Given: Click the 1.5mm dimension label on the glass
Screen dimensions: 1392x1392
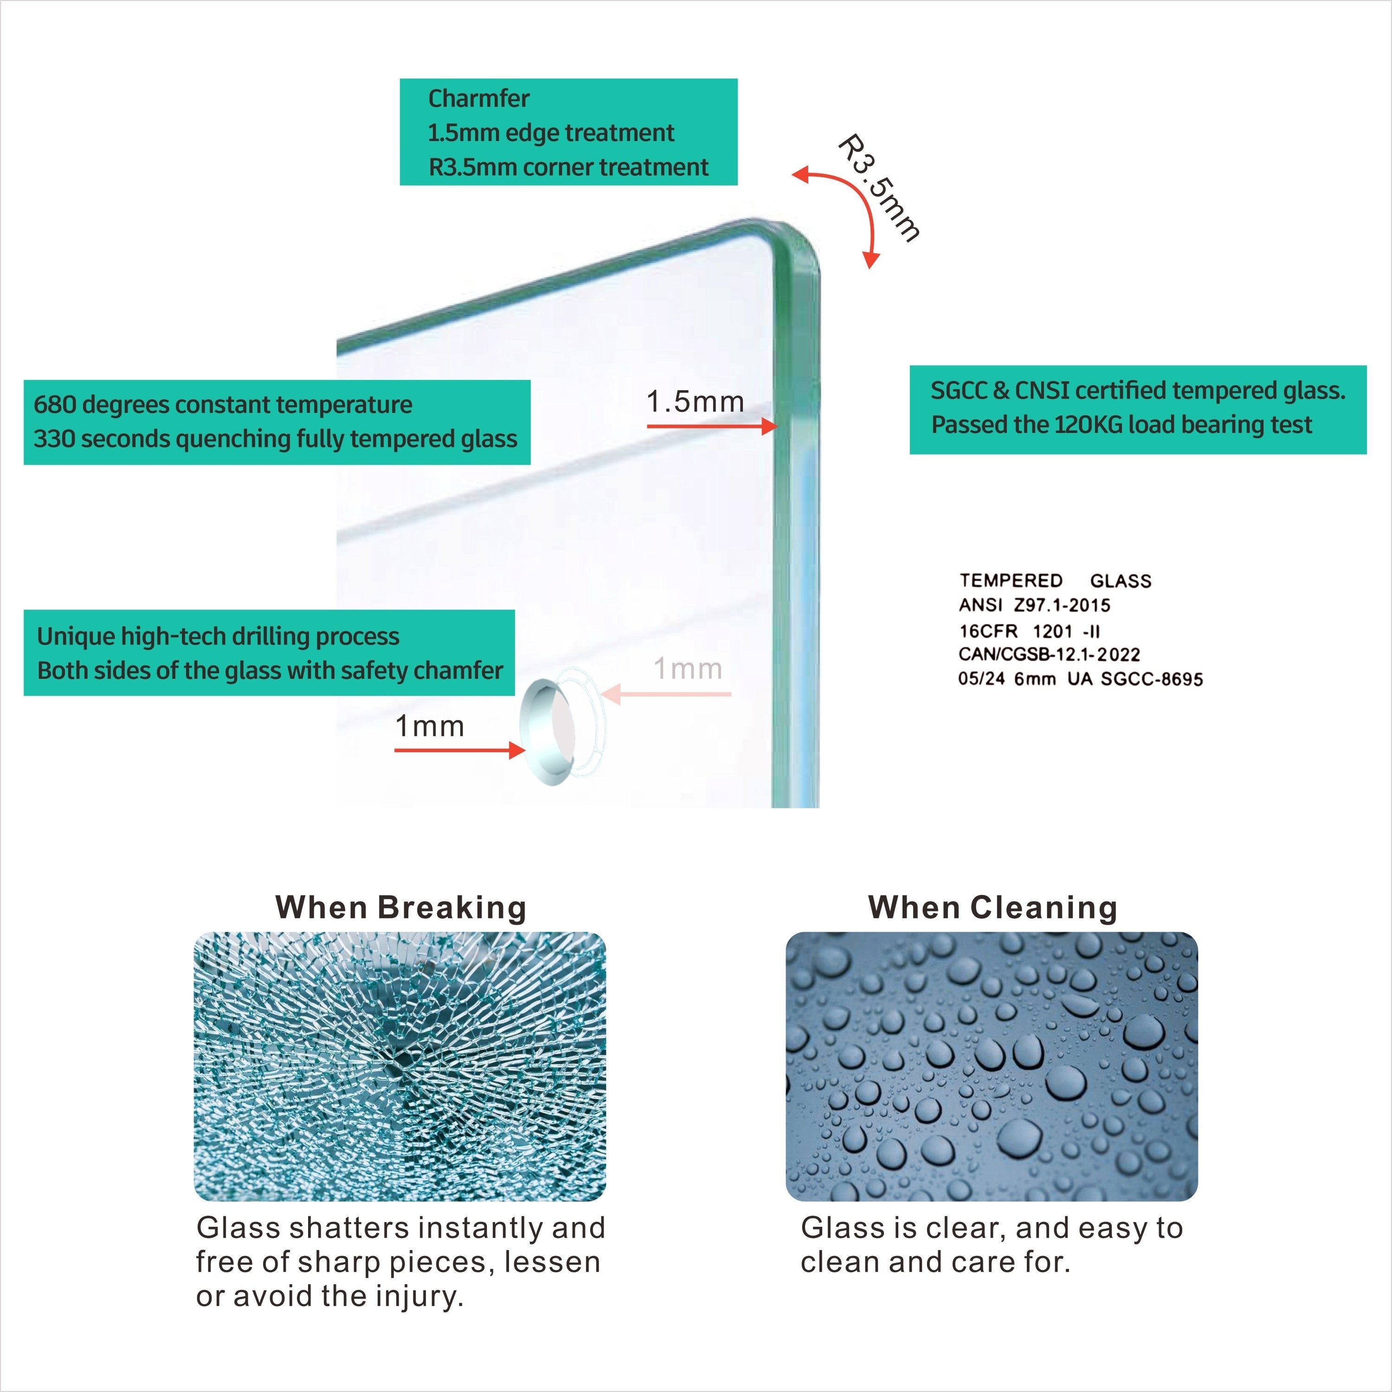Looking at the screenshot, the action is (695, 401).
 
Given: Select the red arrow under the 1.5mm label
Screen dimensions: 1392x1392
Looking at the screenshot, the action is (712, 426).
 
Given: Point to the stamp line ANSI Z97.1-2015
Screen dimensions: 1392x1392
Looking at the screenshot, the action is (1034, 605).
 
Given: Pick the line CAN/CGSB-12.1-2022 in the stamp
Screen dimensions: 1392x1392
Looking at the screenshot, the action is (1049, 654).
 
